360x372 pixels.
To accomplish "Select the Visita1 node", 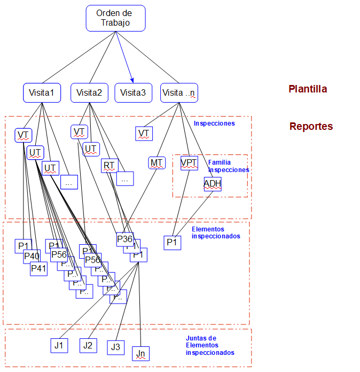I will tap(42, 92).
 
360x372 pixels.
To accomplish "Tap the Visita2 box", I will tap(89, 92).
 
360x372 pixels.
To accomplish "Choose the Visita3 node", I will tap(133, 92).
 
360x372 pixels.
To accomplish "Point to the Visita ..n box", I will tap(179, 92).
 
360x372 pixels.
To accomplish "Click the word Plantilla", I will tap(308, 89).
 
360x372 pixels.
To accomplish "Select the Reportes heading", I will tap(311, 127).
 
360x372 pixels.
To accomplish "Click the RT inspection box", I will tap(109, 166).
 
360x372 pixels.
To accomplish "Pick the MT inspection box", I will tap(157, 162).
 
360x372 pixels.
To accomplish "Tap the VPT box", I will tap(189, 162).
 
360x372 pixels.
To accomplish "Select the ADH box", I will tap(212, 184).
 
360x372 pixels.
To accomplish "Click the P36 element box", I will tap(125, 239).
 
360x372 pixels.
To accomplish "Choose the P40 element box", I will tap(32, 256).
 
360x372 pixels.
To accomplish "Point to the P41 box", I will tap(38, 268).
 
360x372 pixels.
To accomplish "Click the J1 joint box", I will tap(58, 346).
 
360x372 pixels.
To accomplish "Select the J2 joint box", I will tap(88, 346).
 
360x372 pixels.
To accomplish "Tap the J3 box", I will tap(115, 347).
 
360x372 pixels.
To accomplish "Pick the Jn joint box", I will tap(141, 353).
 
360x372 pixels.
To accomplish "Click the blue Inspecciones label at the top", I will tap(214, 123).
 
